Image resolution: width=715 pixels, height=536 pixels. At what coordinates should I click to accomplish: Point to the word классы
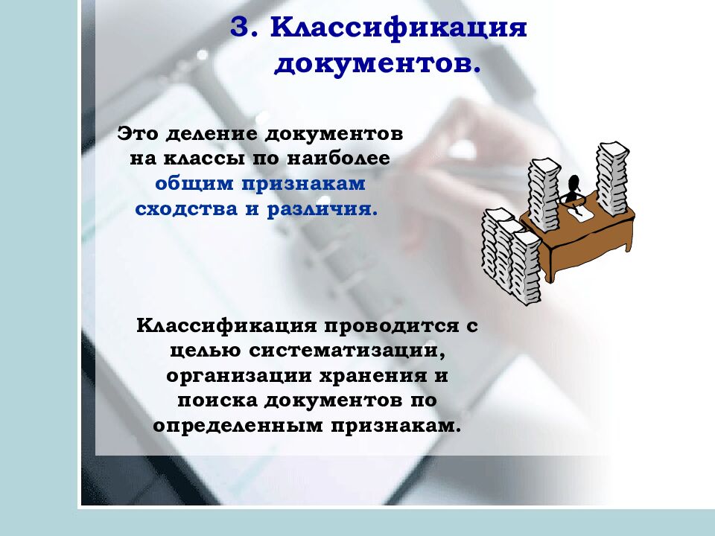pyautogui.click(x=199, y=159)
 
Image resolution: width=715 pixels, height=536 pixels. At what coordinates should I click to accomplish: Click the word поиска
pyautogui.click(x=214, y=400)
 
